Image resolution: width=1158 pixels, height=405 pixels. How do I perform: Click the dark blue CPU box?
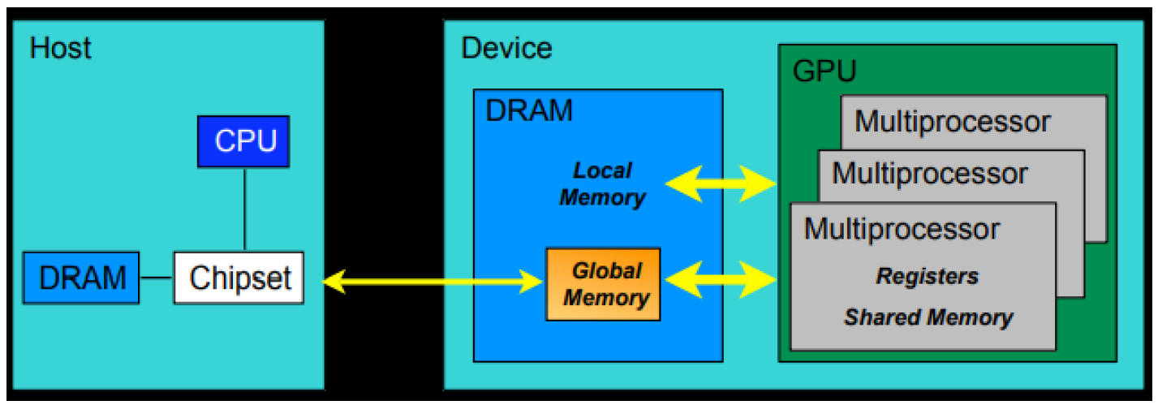[244, 141]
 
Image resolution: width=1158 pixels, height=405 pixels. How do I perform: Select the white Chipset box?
[239, 278]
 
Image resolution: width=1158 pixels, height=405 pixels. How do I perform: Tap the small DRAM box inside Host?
[81, 278]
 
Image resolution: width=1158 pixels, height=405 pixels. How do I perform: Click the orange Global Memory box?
[603, 284]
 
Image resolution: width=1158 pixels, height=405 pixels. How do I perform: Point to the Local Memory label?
[602, 184]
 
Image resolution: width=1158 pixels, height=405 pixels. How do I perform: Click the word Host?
[60, 48]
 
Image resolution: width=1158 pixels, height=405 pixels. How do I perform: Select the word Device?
[506, 48]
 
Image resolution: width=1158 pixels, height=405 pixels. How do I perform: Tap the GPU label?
[824, 71]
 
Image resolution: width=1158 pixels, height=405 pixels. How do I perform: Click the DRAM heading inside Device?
[528, 110]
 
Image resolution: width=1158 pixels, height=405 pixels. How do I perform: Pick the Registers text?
[927, 277]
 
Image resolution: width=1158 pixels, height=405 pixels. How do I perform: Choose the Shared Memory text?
[928, 317]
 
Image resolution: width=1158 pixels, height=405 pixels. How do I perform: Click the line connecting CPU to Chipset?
[244, 210]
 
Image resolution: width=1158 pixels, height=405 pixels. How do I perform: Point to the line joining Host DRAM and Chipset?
[157, 278]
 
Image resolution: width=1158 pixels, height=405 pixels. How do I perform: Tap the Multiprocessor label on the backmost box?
[952, 122]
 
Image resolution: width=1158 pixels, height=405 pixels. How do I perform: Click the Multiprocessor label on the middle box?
[929, 173]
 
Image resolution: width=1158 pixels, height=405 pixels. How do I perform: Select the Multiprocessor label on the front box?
[902, 229]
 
